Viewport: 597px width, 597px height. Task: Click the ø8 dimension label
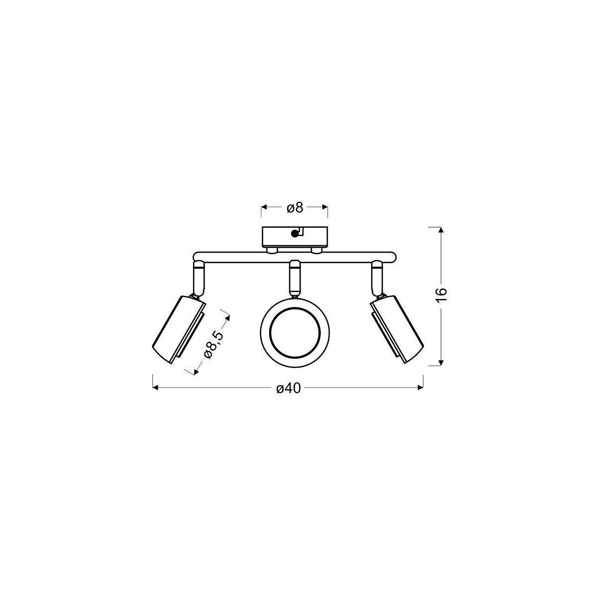295,207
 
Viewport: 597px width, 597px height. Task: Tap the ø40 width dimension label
288,388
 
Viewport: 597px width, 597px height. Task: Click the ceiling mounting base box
295,236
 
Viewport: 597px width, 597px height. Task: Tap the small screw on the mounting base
295,233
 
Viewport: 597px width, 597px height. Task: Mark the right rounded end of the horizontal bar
392,257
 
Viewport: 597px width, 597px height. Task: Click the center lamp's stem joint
295,279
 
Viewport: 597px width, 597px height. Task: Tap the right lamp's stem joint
377,279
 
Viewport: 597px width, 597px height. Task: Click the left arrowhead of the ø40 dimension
156,388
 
